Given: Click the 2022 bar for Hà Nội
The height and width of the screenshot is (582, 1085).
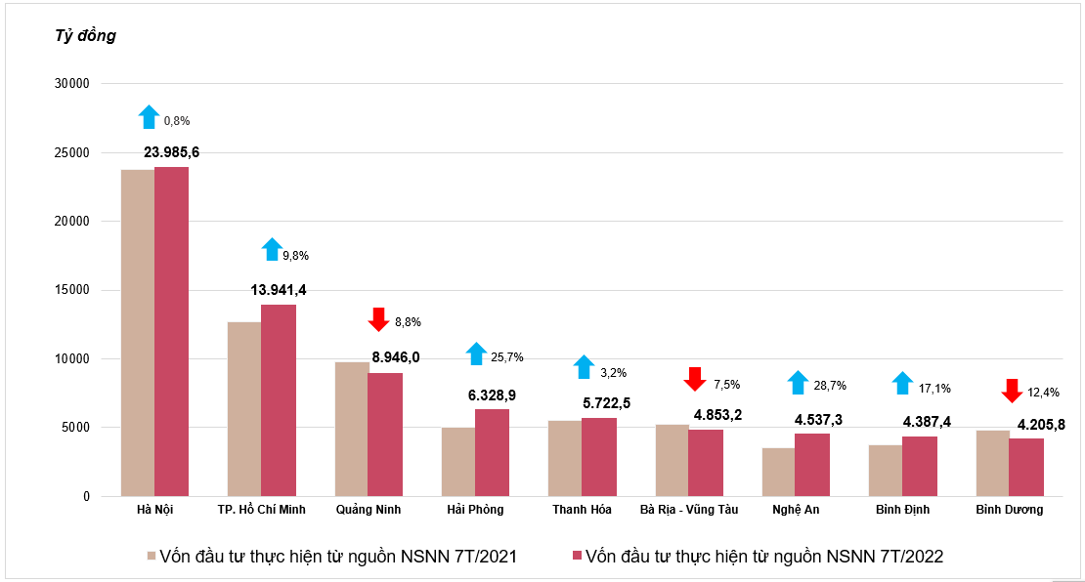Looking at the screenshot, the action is click(x=172, y=332).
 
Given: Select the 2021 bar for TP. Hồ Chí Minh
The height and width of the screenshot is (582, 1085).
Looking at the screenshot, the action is click(x=244, y=409).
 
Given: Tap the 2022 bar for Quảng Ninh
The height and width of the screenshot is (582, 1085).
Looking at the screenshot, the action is click(x=385, y=435).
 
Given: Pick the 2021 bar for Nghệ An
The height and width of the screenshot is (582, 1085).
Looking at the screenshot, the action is click(x=778, y=472).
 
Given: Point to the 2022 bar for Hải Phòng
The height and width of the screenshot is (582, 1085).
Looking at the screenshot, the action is click(x=492, y=453).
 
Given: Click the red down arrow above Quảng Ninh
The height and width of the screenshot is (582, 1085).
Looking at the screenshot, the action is click(x=378, y=319).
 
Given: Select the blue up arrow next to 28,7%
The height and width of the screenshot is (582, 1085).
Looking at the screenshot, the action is click(x=798, y=382).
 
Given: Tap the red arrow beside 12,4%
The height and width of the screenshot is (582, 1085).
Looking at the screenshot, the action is click(x=1012, y=391).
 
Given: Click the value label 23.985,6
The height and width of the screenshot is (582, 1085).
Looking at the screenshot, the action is click(x=172, y=152).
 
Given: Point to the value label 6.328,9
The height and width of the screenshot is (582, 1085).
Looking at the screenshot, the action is click(x=492, y=395).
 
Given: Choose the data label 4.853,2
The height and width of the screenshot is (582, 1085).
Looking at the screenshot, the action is click(x=717, y=415).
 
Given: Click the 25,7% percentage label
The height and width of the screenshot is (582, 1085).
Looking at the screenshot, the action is click(x=507, y=357).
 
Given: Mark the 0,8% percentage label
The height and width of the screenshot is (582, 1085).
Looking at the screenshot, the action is click(x=177, y=121).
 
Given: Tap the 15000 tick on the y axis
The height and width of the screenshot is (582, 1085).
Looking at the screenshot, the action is click(x=72, y=290).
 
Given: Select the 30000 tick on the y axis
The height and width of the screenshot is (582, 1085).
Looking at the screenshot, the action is click(x=72, y=84).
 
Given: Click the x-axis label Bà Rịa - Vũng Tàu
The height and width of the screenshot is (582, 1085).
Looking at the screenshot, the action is click(x=689, y=510).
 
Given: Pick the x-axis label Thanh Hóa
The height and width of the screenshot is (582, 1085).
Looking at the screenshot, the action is click(x=582, y=510).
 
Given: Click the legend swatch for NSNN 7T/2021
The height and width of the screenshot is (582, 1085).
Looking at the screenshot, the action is click(x=152, y=556).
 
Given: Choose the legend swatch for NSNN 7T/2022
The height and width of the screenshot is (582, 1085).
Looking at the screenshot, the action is click(x=577, y=556).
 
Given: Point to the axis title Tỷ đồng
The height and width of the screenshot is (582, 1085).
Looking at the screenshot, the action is click(x=85, y=35).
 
